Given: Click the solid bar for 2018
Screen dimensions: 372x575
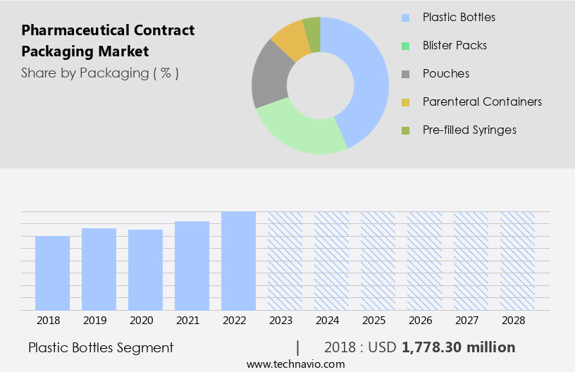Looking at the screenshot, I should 53,273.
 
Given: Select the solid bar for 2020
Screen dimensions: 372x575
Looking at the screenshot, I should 146,269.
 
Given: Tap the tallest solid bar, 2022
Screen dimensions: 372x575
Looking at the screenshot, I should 238,261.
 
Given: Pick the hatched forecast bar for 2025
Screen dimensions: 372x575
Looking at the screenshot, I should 378,261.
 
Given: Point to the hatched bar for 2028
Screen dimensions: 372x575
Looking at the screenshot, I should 517,261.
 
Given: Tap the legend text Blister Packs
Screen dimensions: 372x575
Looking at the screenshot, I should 455,45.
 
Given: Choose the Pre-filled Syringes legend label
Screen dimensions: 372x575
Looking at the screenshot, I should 469,130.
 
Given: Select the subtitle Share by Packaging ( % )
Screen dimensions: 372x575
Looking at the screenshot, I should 100,73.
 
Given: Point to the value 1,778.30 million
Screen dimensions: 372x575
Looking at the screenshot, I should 459,347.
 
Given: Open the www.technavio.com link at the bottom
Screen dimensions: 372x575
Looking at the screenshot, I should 296,364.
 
